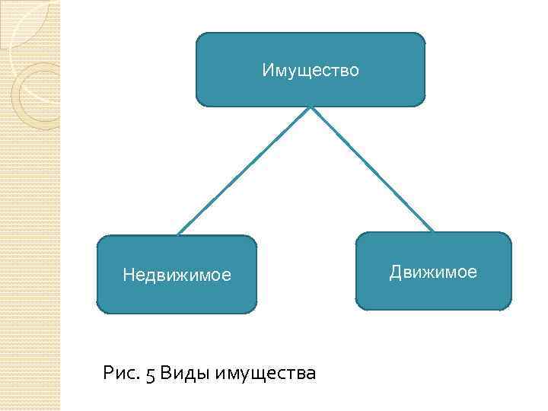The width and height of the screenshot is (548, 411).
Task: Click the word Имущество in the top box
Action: (311, 71)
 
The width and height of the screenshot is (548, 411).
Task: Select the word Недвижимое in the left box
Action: (177, 275)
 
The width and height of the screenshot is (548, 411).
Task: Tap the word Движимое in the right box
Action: (433, 272)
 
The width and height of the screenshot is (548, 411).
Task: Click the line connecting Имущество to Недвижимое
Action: (244, 170)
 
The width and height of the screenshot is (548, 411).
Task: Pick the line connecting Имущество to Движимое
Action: (371, 168)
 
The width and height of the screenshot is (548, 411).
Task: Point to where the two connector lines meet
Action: (310, 107)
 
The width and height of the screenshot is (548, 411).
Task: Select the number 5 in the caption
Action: (150, 374)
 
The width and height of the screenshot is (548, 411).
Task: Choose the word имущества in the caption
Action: (266, 374)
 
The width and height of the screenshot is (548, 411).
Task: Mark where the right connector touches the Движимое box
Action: (433, 231)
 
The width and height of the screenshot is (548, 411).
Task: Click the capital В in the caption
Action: (166, 374)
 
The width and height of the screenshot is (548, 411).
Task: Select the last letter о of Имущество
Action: (354, 72)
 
